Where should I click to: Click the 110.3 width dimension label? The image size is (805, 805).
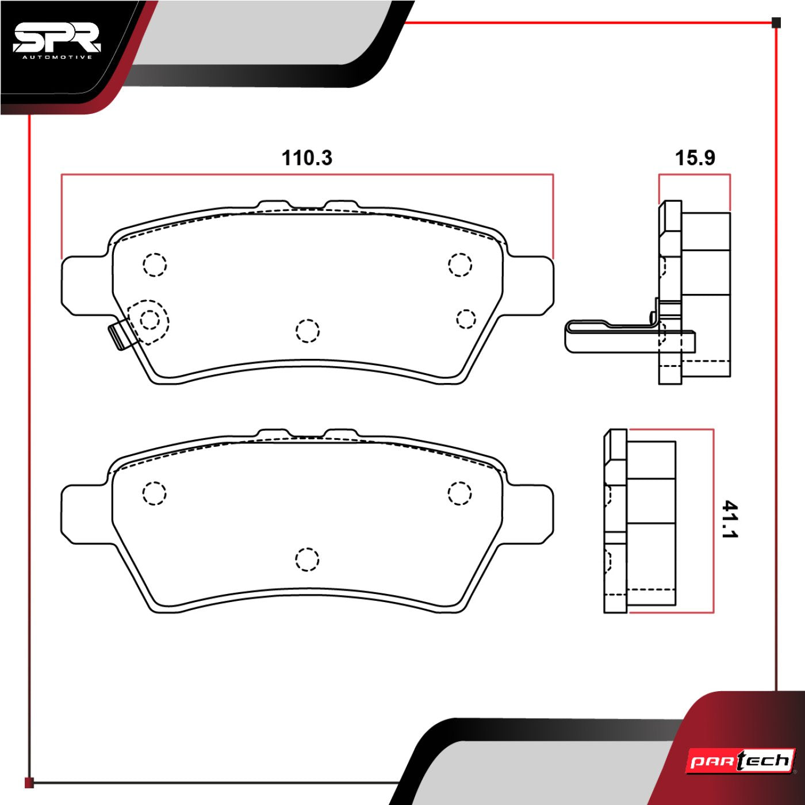tap(306, 158)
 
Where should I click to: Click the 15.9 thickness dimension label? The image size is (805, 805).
tap(695, 158)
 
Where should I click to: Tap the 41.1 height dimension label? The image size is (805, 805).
tap(730, 519)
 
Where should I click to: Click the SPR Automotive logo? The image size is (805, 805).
tap(56, 41)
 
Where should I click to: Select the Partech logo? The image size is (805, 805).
tap(741, 761)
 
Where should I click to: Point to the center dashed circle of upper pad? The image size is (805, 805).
tap(308, 331)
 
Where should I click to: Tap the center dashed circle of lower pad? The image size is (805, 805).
tap(307, 559)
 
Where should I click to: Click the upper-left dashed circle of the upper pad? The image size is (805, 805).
tap(155, 265)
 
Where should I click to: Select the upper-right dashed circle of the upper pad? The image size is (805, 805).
tap(460, 264)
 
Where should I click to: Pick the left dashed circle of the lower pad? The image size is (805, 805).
tap(154, 493)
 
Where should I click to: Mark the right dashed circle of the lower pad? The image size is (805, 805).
tap(459, 493)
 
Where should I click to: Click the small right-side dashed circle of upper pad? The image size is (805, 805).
tap(466, 319)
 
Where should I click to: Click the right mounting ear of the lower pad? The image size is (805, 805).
tap(532, 513)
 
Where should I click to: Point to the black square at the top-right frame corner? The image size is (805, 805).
tap(776, 23)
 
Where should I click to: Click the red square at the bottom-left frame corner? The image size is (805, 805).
tap(29, 783)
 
